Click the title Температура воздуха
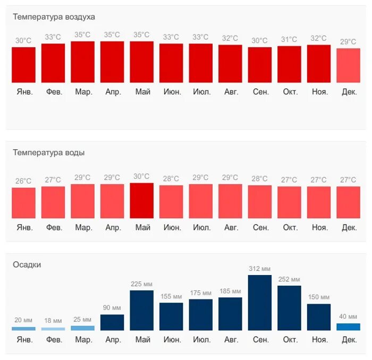(54, 17)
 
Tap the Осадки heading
(27, 264)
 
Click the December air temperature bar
(348, 65)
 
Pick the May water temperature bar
(141, 201)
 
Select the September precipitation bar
(259, 303)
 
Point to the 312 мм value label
(259, 269)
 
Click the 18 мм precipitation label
(53, 321)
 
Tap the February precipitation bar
(53, 329)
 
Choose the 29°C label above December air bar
(348, 42)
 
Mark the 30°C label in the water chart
(141, 176)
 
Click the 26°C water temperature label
(23, 181)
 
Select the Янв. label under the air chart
(23, 92)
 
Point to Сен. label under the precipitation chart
(260, 339)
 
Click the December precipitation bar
(348, 327)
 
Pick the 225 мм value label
(141, 284)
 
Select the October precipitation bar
(289, 308)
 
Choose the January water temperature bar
(23, 203)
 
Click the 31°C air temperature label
(289, 39)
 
